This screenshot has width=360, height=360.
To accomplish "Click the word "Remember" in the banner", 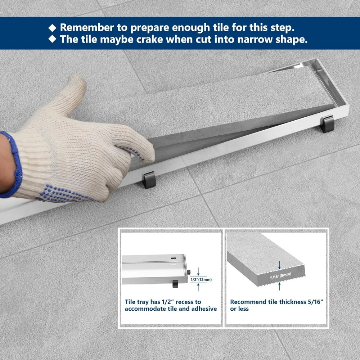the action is point(87,28).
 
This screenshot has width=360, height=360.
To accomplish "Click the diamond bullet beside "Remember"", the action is point(52,28).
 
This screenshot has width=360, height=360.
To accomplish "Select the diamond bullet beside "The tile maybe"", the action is point(52,39).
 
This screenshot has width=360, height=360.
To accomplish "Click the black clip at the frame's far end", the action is point(327,124).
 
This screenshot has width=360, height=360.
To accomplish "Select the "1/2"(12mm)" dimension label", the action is point(201,279).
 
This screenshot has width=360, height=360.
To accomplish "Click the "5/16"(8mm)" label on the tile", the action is point(280,276).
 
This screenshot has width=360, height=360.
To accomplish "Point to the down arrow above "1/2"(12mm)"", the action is point(198,271).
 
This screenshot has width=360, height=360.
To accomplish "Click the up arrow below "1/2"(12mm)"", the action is point(198,287).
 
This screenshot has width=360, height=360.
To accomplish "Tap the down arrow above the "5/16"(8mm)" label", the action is point(279,265).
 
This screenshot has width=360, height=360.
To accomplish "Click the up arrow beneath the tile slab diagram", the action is point(279,286).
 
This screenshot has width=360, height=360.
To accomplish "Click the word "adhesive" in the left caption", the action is point(204,309).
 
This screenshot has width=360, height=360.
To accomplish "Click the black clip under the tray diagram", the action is point(175,284).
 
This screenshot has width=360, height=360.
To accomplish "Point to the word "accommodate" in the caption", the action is point(145,309).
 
